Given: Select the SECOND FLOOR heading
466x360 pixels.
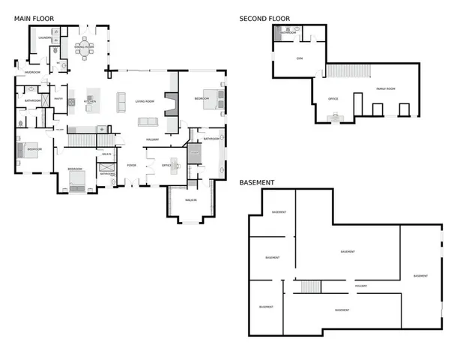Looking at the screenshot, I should pyautogui.click(x=264, y=19).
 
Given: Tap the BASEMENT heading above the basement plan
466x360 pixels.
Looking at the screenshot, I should pyautogui.click(x=257, y=182).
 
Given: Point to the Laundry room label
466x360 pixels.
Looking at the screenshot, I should pyautogui.click(x=44, y=37).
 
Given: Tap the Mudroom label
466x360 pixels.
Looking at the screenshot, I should pyautogui.click(x=32, y=72).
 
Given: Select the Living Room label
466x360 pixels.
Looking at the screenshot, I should pyautogui.click(x=144, y=100).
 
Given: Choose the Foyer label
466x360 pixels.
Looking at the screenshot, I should pyautogui.click(x=131, y=166).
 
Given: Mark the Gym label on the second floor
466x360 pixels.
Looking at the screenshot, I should pyautogui.click(x=299, y=58).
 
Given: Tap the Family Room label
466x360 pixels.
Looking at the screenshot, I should pyautogui.click(x=386, y=88).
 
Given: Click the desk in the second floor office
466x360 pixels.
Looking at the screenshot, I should pyautogui.click(x=333, y=115).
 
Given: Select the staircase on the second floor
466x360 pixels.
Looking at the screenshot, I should pyautogui.click(x=348, y=70).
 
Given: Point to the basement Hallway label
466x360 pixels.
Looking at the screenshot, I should pyautogui.click(x=360, y=285).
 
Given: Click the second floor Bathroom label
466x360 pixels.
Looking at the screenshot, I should pyautogui.click(x=288, y=33).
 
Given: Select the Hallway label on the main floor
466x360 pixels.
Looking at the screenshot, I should pyautogui.click(x=153, y=139).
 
